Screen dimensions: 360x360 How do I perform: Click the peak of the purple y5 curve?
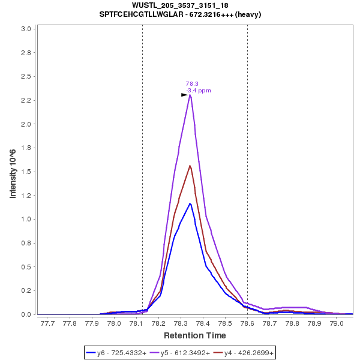(x=190, y=95)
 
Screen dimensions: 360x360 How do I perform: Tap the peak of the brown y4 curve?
(x=190, y=166)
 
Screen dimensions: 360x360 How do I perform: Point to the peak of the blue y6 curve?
(x=190, y=203)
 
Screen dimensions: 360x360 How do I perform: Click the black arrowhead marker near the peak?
(x=184, y=95)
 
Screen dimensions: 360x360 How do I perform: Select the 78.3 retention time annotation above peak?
(x=192, y=84)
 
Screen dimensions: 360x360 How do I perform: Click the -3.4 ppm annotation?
(x=199, y=91)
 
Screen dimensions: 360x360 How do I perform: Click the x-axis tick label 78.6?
(x=247, y=323)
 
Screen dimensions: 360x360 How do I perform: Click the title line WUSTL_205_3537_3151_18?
(x=180, y=5)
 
